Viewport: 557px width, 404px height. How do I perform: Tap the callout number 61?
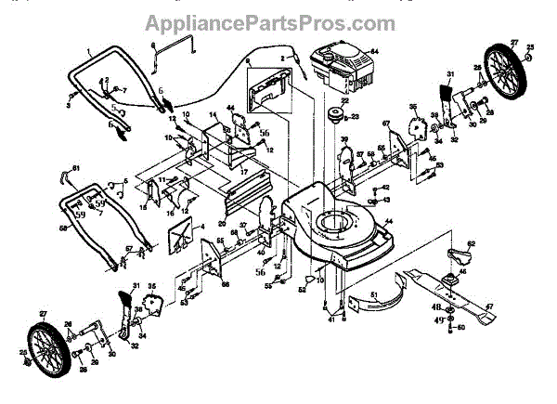[x=77, y=167]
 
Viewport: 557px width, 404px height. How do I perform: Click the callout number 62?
[x=472, y=243]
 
